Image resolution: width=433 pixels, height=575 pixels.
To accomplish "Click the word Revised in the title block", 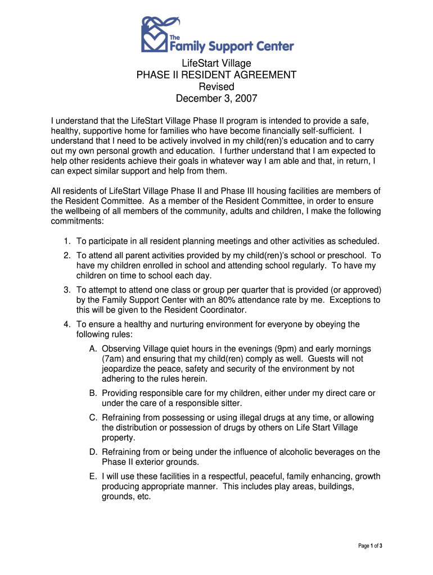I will pos(216,86).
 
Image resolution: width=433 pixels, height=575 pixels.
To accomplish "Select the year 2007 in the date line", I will pos(246,98).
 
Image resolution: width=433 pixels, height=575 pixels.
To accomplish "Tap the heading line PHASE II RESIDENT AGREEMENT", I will pos(216,75).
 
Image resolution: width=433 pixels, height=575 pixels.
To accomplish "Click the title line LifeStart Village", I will pos(216,63).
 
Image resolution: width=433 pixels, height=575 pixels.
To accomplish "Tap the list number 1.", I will pos(66,241).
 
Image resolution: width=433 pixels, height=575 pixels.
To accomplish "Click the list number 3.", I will pos(66,290).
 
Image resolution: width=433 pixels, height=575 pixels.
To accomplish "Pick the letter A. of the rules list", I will pos(93,349).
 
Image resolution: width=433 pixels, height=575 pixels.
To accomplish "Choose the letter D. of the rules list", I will pos(93,452).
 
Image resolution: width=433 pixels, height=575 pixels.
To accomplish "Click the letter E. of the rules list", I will pos(93,477).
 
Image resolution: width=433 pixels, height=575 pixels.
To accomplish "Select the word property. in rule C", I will pos(118,437).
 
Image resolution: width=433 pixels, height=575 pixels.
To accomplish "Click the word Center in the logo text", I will pos(273,46).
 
